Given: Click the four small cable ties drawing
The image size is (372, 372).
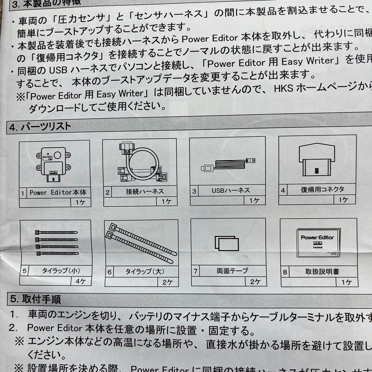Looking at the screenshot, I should pos(57,242).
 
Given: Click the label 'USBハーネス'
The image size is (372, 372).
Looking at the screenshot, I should pos(231,190).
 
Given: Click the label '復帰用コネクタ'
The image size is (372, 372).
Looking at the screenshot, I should pos(322,189).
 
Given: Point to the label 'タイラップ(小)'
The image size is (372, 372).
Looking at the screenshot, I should pos(61,271).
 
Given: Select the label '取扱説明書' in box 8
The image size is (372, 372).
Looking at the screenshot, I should pos(322,272).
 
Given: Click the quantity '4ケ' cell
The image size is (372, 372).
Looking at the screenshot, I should pos(81,281).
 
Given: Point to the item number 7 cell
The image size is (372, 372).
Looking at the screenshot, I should pos(195,271).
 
